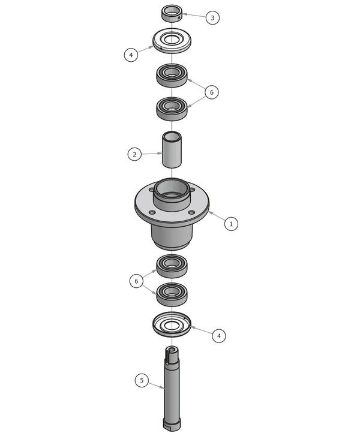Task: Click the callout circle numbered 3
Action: click(x=212, y=17)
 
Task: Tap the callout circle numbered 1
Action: click(x=232, y=224)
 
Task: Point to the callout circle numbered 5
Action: click(x=142, y=380)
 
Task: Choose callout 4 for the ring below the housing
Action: click(x=219, y=335)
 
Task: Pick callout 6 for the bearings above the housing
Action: click(x=211, y=92)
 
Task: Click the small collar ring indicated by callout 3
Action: click(x=172, y=13)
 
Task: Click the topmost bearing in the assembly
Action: click(x=172, y=75)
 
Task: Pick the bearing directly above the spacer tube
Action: click(x=172, y=108)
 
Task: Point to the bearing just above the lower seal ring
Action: click(x=172, y=293)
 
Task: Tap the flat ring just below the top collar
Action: click(x=172, y=41)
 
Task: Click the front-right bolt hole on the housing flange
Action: click(x=191, y=212)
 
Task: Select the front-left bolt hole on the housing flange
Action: click(x=152, y=212)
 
